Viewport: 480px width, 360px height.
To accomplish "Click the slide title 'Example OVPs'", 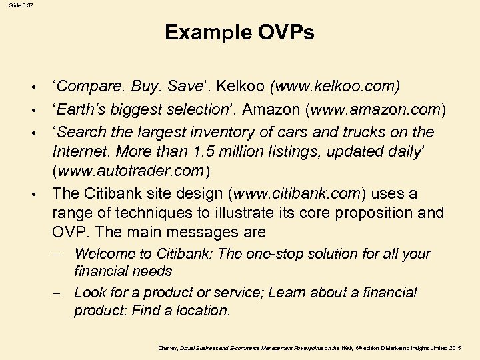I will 239,32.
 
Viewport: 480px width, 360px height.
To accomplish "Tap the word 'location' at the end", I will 204,311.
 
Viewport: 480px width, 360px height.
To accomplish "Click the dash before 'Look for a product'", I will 60,293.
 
